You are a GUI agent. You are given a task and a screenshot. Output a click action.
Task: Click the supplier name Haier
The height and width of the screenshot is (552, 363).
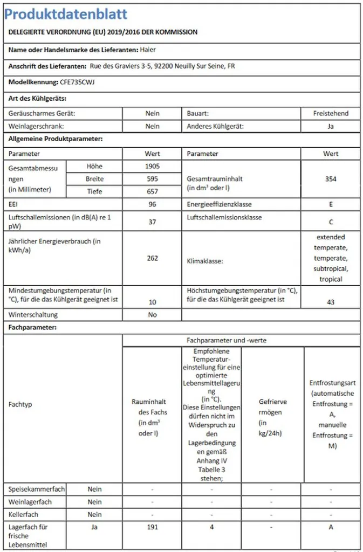[x=148, y=50]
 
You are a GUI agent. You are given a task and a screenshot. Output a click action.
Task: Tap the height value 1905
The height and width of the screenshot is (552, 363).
[x=152, y=167]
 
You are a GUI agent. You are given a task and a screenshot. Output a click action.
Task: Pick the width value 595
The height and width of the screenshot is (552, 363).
[x=152, y=179]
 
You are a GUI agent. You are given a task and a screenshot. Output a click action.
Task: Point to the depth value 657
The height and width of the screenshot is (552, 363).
[x=152, y=191]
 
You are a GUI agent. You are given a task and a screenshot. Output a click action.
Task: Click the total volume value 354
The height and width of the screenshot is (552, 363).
[x=331, y=179]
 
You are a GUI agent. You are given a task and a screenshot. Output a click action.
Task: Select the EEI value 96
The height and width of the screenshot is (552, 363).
[x=152, y=205]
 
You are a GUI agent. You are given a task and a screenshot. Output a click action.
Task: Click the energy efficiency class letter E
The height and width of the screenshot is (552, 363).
[x=331, y=205]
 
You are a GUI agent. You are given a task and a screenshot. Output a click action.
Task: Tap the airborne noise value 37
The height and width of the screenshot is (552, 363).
[x=152, y=222]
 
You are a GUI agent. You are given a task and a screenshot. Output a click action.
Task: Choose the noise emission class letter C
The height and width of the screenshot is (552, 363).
[x=331, y=222]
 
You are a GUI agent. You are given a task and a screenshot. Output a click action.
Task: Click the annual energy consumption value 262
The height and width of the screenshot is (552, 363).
[x=152, y=258]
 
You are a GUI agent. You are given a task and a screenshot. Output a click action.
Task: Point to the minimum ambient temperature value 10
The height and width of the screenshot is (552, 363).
[x=152, y=302]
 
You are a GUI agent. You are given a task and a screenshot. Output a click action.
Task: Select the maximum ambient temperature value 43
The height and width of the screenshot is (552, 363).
[x=331, y=302]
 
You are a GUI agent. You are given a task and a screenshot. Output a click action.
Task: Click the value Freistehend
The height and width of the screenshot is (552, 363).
[x=331, y=114]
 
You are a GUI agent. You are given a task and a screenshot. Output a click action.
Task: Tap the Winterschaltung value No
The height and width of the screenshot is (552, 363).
[x=152, y=315]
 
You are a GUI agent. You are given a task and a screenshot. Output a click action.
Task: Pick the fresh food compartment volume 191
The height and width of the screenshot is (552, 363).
[x=152, y=528]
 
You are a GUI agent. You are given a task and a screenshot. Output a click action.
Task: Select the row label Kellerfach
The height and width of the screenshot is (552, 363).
[x=24, y=515]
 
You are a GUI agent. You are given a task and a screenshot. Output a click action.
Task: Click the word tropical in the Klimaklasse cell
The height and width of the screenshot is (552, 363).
[x=331, y=279]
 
